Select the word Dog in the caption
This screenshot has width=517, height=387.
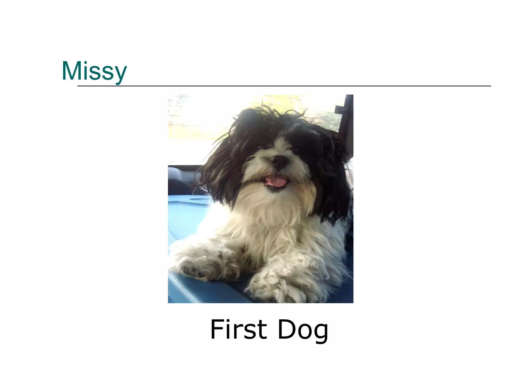(x=303, y=330)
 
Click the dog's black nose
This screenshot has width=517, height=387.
(x=280, y=161)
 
